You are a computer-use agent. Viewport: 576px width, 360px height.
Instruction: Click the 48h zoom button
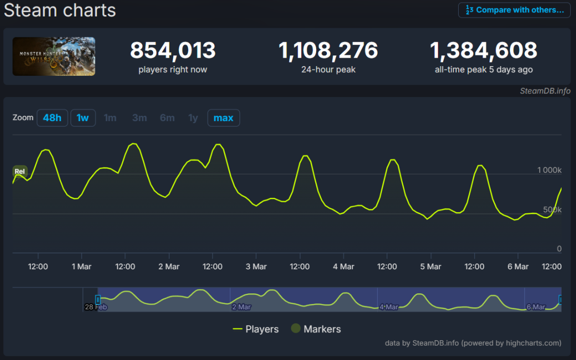[x=52, y=118]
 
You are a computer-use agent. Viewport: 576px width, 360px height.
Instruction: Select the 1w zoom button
[x=83, y=118]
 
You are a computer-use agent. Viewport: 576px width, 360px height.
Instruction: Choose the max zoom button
[x=223, y=118]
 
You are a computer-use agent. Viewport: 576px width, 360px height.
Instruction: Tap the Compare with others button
[x=514, y=10]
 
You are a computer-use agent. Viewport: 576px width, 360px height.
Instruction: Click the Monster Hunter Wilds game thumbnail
[x=54, y=56]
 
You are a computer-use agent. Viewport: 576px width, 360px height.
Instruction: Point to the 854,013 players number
[x=173, y=50]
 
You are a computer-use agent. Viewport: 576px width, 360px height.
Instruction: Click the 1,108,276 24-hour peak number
[x=328, y=50]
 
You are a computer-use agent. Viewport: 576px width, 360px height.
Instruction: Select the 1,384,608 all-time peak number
[x=483, y=50]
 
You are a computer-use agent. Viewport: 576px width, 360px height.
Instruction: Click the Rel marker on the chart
[x=20, y=171]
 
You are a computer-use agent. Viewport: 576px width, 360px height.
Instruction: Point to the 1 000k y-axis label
[x=549, y=170]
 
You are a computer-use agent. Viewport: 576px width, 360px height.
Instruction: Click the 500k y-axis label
[x=552, y=210]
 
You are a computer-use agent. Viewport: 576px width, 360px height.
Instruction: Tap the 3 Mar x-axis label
[x=256, y=267]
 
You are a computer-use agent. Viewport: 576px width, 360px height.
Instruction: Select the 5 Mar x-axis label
[x=430, y=267]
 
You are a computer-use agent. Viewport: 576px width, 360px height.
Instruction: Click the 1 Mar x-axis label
[x=82, y=267]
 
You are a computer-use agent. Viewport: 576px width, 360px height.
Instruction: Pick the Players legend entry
[x=255, y=329]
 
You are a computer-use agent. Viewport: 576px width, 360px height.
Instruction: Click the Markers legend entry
[x=316, y=329]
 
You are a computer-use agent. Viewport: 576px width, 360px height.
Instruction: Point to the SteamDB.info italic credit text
[x=545, y=91]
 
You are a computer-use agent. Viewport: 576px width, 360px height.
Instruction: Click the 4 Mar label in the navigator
[x=389, y=307]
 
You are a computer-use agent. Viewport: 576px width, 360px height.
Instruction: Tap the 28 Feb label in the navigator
[x=96, y=307]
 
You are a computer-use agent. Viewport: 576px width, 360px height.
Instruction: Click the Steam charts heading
[x=60, y=10]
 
